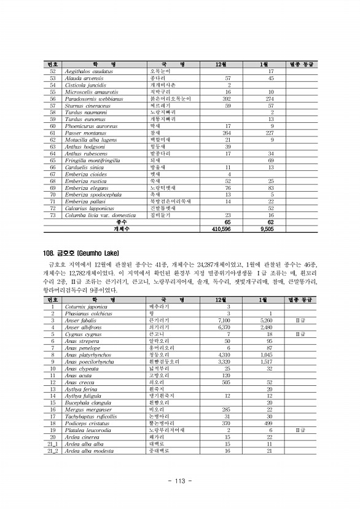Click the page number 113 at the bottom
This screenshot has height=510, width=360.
[x=180, y=481]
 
